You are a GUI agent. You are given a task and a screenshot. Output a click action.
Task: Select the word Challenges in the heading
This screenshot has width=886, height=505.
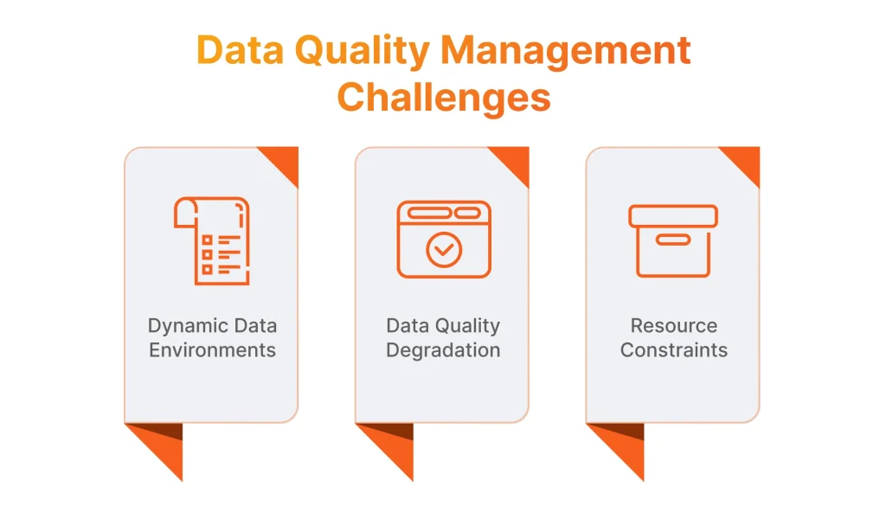(x=443, y=97)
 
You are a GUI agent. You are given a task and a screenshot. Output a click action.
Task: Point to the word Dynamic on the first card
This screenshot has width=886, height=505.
(x=186, y=326)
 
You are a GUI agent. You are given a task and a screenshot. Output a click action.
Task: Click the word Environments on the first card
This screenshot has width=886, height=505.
(x=212, y=350)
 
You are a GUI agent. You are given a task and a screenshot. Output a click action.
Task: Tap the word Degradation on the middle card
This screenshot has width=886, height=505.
(x=443, y=350)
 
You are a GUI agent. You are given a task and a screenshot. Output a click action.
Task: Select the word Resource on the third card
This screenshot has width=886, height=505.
(x=673, y=326)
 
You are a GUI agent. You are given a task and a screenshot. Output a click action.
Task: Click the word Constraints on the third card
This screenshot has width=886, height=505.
(x=673, y=350)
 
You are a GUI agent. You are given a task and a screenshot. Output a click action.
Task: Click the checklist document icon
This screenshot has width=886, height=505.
(x=212, y=240)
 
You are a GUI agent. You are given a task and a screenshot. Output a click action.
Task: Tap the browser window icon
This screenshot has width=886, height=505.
(x=443, y=240)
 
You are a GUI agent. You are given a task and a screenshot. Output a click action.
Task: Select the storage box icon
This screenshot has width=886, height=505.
(x=673, y=240)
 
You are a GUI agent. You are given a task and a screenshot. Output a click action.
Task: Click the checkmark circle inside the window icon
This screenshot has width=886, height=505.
(x=444, y=250)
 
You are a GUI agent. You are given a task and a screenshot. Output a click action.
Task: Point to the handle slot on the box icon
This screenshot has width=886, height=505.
(x=673, y=240)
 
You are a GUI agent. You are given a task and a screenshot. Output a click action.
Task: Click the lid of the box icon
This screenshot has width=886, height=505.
(x=673, y=215)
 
